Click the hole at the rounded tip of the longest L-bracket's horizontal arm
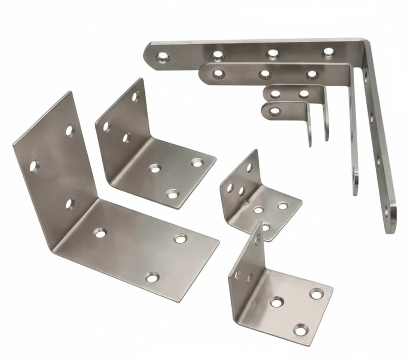coord(163,57)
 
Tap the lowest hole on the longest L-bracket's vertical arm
coord(386,212)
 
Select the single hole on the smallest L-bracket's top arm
coord(275,111)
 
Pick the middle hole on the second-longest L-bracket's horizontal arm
coord(265,74)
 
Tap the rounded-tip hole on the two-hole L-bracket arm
coord(276,93)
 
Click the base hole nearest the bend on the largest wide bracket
coord(100,233)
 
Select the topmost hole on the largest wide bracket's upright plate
coord(70,130)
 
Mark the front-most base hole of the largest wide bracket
coord(152,278)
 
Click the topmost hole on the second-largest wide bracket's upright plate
coord(135,96)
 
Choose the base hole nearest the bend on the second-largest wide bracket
coord(154,168)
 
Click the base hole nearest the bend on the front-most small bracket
coord(277,302)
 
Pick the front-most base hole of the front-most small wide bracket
coord(300,330)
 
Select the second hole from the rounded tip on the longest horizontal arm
coord(218,55)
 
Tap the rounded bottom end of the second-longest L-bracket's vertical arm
coord(355,193)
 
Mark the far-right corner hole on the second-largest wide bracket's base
coord(197,162)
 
